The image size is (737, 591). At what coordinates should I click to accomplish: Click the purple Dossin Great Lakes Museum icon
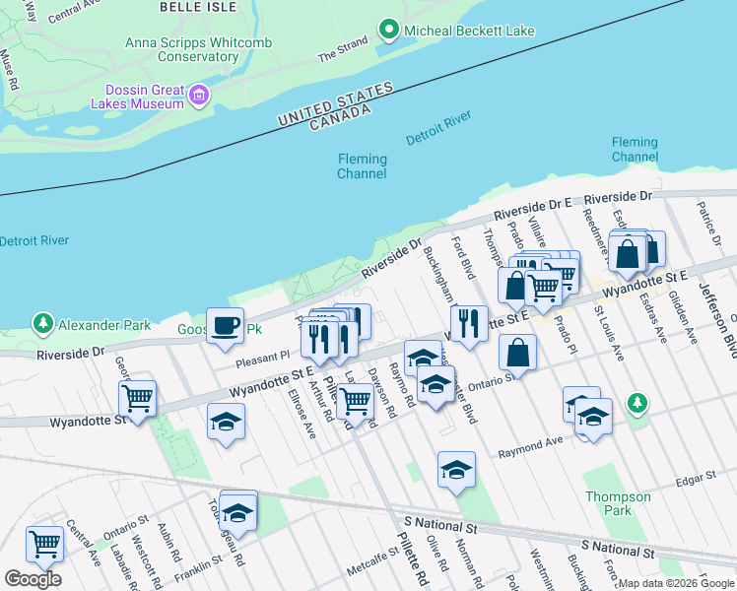click(x=200, y=96)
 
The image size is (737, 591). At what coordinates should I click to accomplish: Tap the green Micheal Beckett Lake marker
click(x=390, y=31)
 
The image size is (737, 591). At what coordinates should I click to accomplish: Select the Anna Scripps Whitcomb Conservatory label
click(x=182, y=49)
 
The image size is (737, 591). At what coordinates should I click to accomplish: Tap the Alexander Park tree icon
click(x=42, y=323)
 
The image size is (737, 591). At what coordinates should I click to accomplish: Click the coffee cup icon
click(x=225, y=324)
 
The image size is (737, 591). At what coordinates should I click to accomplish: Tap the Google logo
click(x=33, y=579)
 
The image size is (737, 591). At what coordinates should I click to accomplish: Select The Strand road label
click(x=342, y=52)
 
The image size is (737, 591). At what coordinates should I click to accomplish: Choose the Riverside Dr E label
click(x=533, y=209)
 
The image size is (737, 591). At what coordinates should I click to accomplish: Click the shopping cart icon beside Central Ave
click(x=44, y=543)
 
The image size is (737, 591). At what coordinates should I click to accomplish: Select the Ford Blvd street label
click(x=462, y=256)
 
